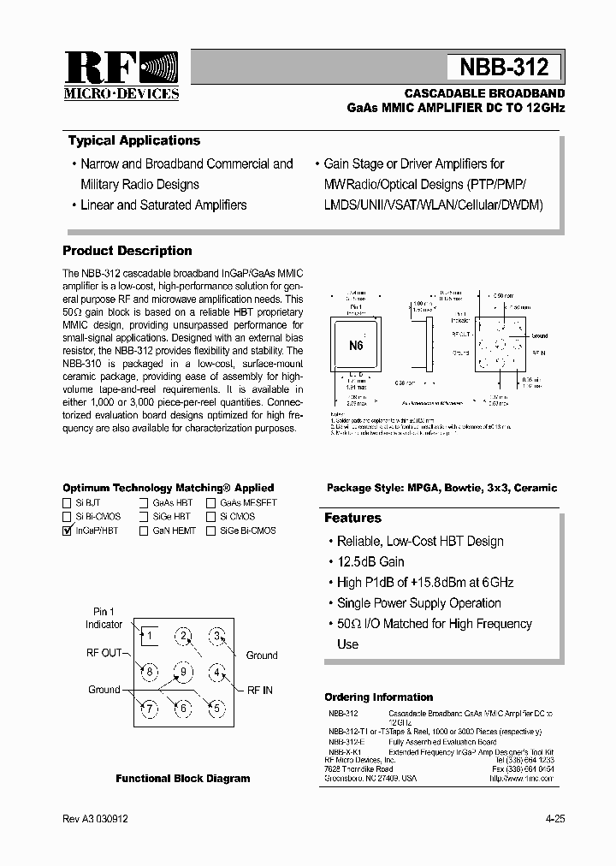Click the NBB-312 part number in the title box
coord(504,67)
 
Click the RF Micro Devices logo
coord(121,75)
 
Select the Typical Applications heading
coord(133,141)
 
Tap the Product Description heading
coord(127,251)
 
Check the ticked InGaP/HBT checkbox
coord(68,531)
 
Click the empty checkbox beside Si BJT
coord(68,503)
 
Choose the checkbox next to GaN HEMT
coord(145,531)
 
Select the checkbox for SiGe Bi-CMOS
coord(210,531)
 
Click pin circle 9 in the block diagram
coord(183,671)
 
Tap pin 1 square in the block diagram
coord(149,635)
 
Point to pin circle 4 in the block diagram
coord(217,672)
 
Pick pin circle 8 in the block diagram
coord(149,671)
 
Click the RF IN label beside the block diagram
coord(262,690)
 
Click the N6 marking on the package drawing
coord(356,346)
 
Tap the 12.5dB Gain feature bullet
coord(370,561)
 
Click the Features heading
coord(352,518)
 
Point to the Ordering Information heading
coord(378,697)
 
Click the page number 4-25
coord(554,819)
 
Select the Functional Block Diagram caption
coord(183,779)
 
